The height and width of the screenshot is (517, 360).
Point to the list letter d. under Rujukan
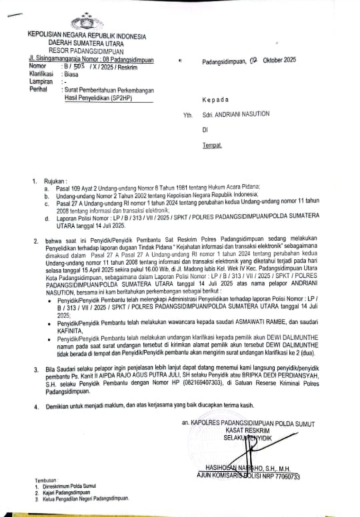(x=46, y=218)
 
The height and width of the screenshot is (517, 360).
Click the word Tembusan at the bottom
(x=45, y=482)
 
